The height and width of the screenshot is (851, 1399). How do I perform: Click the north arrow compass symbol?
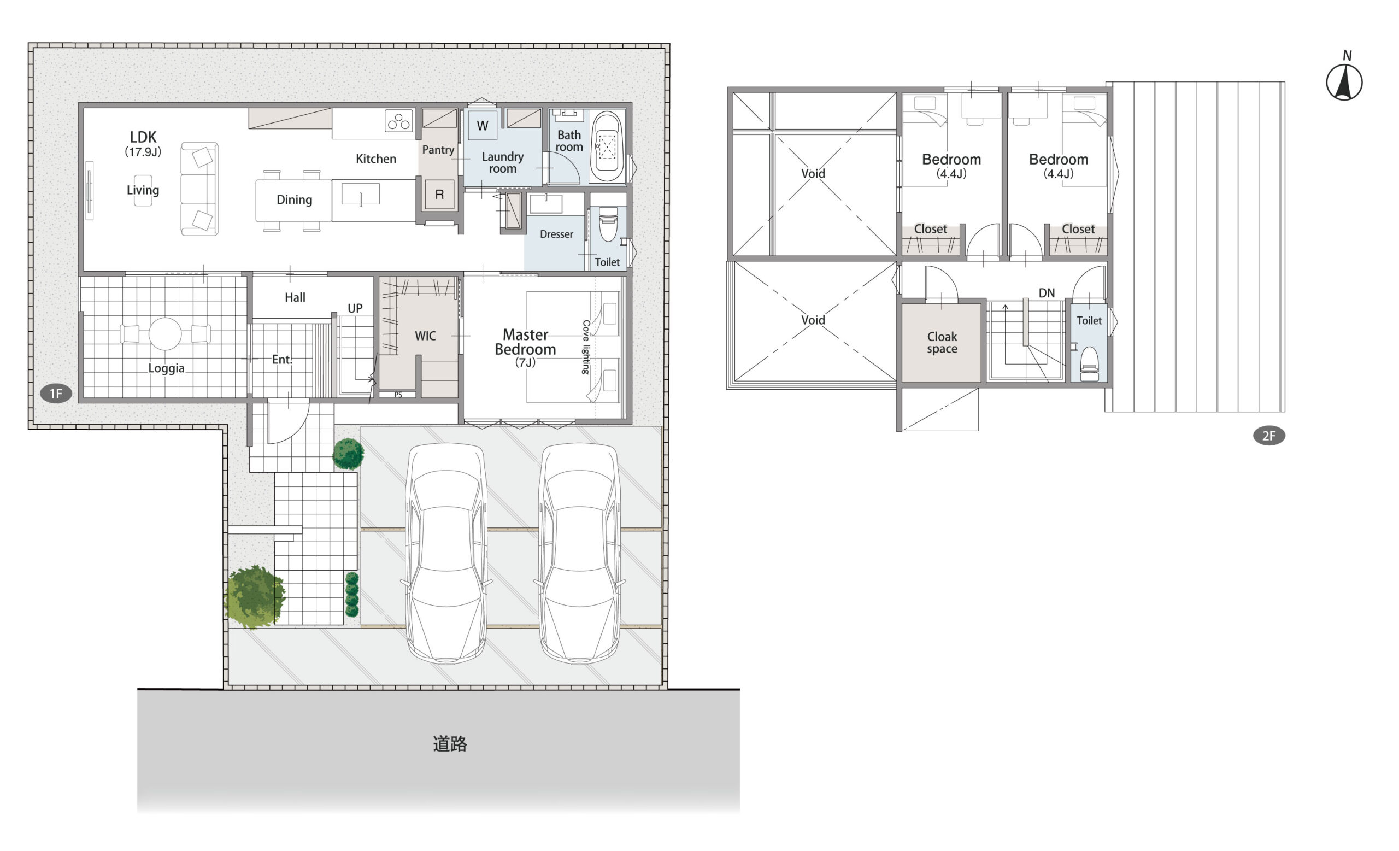click(1344, 82)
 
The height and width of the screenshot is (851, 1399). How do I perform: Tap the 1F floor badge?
click(56, 394)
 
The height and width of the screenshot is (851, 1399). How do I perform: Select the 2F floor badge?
click(1269, 436)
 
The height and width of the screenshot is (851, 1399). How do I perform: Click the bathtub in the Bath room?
click(607, 146)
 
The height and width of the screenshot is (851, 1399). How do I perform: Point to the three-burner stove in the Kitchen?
click(398, 121)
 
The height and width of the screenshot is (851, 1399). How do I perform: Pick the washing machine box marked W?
click(483, 126)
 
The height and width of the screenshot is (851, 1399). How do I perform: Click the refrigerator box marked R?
click(439, 194)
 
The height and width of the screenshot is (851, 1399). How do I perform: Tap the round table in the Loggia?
click(165, 334)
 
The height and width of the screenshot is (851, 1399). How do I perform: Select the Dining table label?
click(294, 200)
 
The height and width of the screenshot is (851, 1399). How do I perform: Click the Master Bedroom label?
click(525, 342)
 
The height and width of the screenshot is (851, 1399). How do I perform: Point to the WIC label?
click(425, 336)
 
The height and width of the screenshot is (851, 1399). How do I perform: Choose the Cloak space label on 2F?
click(942, 343)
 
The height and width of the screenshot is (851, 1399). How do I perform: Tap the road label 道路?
click(450, 744)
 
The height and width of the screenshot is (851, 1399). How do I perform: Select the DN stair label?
click(1047, 293)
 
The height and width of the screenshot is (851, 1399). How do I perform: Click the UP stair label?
click(355, 308)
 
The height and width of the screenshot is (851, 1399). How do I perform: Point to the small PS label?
click(398, 395)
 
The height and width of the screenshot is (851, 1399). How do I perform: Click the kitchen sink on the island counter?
click(361, 194)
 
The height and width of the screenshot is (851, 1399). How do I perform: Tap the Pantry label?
click(438, 150)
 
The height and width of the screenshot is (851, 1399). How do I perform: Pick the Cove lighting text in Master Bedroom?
click(586, 347)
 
